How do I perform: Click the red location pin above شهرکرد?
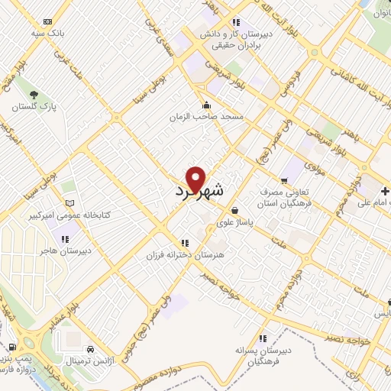196,179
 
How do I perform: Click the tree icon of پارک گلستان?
33,95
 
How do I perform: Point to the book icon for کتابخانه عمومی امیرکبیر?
71,203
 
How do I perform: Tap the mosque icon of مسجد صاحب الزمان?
205,105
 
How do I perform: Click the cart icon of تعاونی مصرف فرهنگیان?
284,181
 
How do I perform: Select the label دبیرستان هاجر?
65,250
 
